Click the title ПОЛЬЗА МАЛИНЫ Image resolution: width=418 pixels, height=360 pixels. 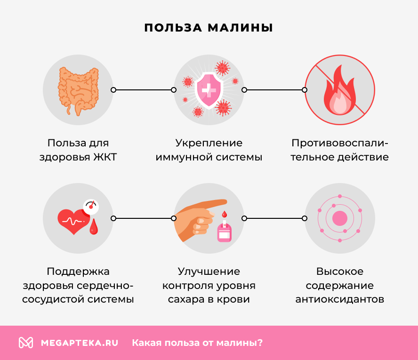(x=209, y=27)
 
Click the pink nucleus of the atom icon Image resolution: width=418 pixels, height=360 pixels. (x=339, y=218)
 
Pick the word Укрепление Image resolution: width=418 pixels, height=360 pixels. (x=209, y=143)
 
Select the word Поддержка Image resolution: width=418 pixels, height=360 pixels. (x=78, y=272)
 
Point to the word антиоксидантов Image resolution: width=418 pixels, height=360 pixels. (x=339, y=299)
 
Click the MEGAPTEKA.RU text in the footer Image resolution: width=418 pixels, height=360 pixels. (x=79, y=343)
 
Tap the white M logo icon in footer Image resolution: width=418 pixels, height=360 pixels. (x=26, y=343)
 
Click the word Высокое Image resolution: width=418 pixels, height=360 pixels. (x=339, y=272)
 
